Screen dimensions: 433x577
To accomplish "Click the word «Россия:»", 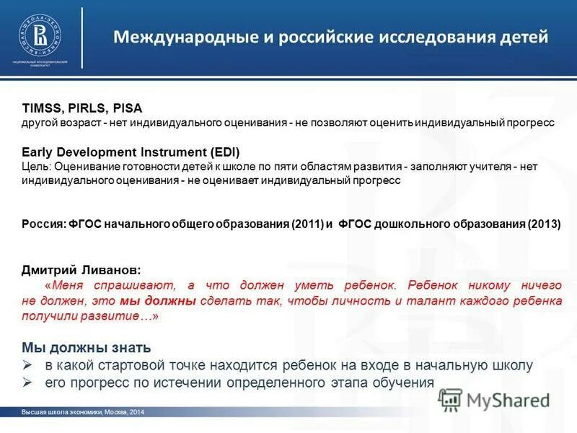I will click(43, 224).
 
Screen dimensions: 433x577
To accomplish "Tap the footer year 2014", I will click(137, 412).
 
